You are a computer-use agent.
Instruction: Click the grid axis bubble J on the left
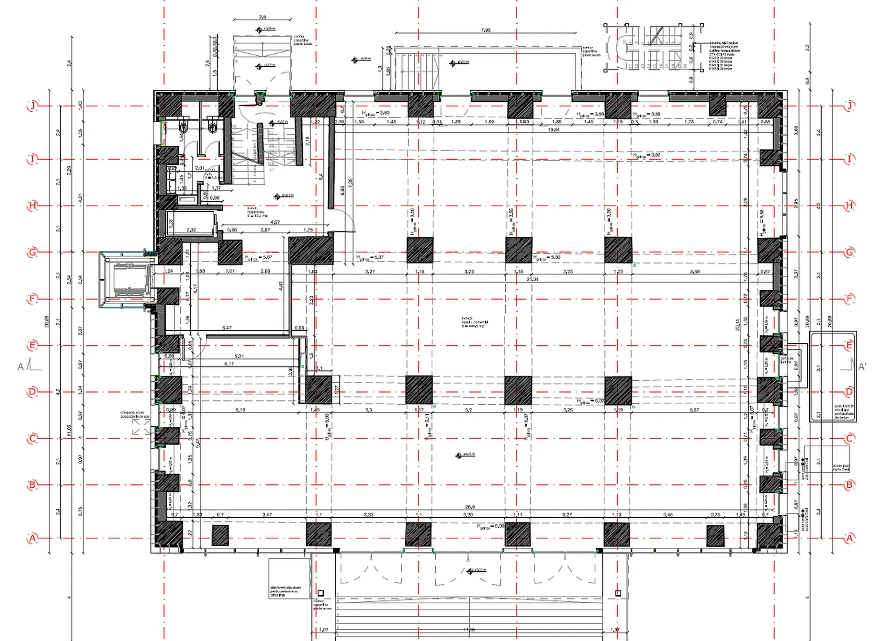pos(32,106)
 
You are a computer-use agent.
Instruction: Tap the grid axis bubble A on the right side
pos(849,538)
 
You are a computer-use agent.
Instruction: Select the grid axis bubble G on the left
pos(32,252)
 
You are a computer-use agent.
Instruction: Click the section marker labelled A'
pos(861,367)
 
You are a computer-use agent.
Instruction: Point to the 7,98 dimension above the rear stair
pos(486,30)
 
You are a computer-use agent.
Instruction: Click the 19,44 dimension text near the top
pos(554,129)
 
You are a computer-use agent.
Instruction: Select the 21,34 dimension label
pos(532,279)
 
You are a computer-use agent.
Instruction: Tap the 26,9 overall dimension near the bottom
pos(470,507)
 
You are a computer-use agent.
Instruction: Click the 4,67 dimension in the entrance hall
pos(275,222)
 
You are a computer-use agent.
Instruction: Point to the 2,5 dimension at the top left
pos(262,17)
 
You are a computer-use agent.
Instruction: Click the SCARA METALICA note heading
pos(723,43)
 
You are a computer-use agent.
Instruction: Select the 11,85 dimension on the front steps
pos(469,630)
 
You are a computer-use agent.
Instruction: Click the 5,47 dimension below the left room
pos(227,328)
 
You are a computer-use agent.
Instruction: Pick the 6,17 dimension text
pos(229,364)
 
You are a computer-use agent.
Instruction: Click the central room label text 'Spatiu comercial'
pos(475,322)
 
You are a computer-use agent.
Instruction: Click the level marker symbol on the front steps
pos(470,571)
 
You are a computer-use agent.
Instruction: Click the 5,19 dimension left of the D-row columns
pos(240,410)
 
